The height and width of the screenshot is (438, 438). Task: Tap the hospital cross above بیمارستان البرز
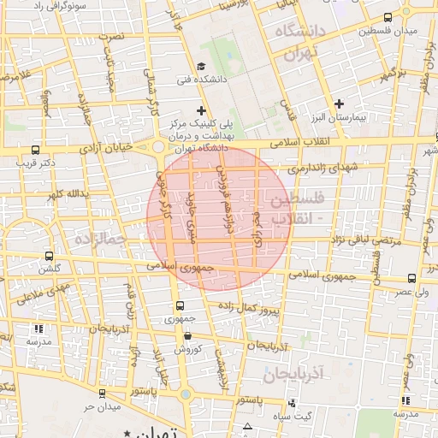[x=340, y=104]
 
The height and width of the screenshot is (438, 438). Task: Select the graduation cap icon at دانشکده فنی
[x=200, y=66]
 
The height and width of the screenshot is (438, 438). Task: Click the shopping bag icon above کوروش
[x=187, y=336]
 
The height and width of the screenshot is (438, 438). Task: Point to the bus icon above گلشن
[x=50, y=255]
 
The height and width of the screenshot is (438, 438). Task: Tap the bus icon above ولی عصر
[x=412, y=277]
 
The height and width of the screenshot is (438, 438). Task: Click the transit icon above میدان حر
[x=103, y=394]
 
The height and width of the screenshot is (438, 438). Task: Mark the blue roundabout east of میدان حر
[x=186, y=394]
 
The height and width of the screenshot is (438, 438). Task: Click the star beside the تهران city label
[x=128, y=434]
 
